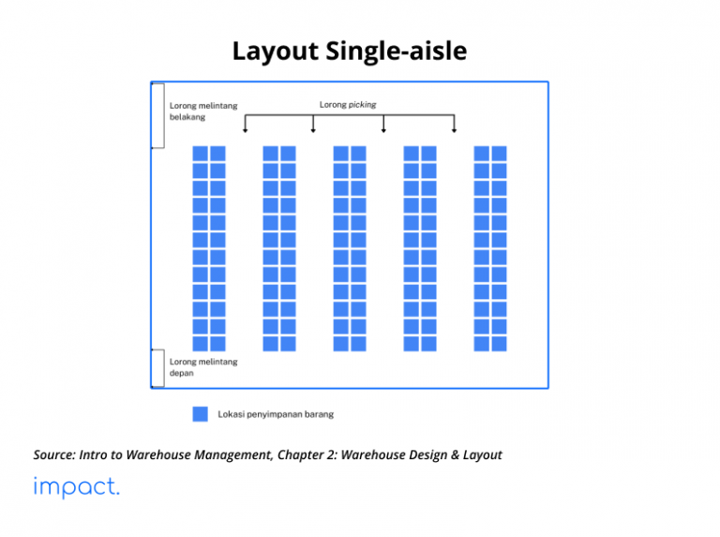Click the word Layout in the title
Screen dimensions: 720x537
pyautogui.click(x=275, y=52)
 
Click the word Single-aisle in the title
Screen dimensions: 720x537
pyautogui.click(x=397, y=51)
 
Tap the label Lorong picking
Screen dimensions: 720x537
pyautogui.click(x=348, y=105)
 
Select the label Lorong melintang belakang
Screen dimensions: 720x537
pyautogui.click(x=203, y=112)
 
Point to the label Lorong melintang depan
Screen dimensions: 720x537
pyautogui.click(x=203, y=367)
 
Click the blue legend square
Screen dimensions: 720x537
pyautogui.click(x=201, y=414)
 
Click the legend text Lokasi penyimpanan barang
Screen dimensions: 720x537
pyautogui.click(x=276, y=414)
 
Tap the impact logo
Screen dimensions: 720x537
pyautogui.click(x=76, y=487)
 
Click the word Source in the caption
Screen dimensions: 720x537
pyautogui.click(x=54, y=455)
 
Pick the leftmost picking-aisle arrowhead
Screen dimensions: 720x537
pyautogui.click(x=246, y=131)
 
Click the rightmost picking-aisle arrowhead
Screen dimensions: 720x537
pyautogui.click(x=454, y=131)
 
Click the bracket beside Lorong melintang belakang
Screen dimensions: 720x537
pyautogui.click(x=164, y=115)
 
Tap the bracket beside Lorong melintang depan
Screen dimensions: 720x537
pyautogui.click(x=164, y=368)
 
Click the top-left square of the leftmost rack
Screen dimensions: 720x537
pyautogui.click(x=201, y=154)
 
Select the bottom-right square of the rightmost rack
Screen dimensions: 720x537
pyautogui.click(x=499, y=344)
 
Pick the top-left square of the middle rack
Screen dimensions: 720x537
pyautogui.click(x=340, y=154)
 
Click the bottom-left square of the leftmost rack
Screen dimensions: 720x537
pyautogui.click(x=201, y=344)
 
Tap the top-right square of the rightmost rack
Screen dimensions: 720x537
pyautogui.click(x=499, y=154)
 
